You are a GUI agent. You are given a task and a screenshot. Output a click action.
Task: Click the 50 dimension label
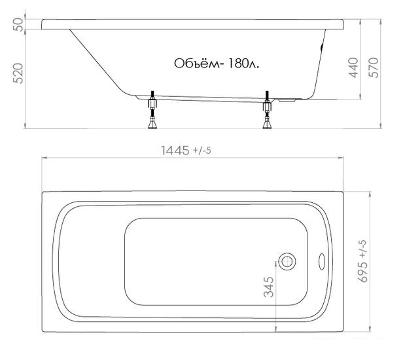(x=18, y=24)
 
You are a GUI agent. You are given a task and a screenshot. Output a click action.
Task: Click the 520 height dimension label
(x=18, y=73)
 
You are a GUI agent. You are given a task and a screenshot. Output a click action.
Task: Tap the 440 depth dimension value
(x=353, y=67)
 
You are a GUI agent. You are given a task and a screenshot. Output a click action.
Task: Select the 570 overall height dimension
(x=374, y=67)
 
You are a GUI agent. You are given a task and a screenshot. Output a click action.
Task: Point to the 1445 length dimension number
(x=175, y=151)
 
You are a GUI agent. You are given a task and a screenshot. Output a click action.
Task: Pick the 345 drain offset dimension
(x=269, y=287)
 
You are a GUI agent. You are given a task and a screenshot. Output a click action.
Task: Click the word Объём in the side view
(x=198, y=63)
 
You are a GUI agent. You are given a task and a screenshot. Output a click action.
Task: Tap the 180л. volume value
(x=243, y=63)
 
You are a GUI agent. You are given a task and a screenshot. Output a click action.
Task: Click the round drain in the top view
(x=287, y=262)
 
